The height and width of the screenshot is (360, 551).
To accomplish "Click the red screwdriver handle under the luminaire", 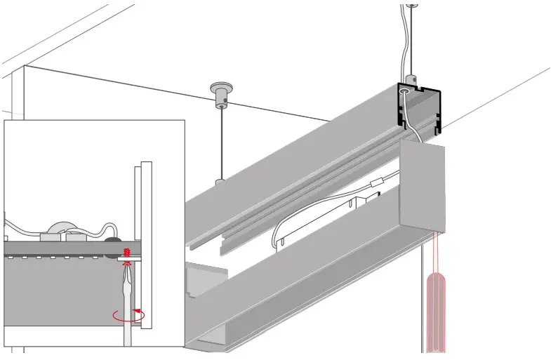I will [x=437, y=309].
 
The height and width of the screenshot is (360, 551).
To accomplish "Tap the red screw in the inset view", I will [x=127, y=253].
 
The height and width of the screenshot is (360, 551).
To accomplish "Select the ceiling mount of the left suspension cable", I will [x=220, y=93].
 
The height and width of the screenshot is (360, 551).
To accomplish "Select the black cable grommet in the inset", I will [x=112, y=239].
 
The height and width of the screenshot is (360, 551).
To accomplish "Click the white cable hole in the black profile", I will [x=405, y=91].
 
